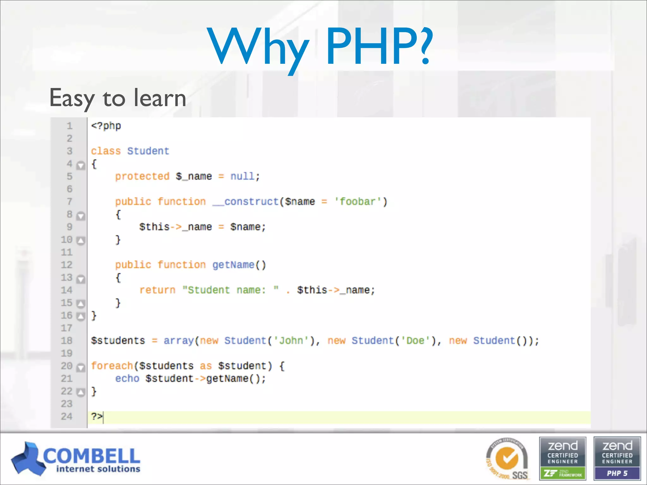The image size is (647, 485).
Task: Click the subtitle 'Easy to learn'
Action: pyautogui.click(x=118, y=98)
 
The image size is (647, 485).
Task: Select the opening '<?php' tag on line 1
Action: pyautogui.click(x=106, y=126)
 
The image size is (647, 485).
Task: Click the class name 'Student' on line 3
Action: pyautogui.click(x=148, y=151)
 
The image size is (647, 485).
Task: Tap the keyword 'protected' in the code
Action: pyautogui.click(x=142, y=176)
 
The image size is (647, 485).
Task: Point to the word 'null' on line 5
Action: pyautogui.click(x=242, y=176)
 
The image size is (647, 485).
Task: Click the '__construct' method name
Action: pyautogui.click(x=245, y=201)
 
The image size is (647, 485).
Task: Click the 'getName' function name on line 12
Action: pyautogui.click(x=233, y=265)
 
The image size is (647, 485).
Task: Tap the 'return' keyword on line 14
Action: pyautogui.click(x=157, y=290)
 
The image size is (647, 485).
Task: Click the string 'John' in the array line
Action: pyautogui.click(x=291, y=340)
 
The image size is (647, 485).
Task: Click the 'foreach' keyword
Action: pyautogui.click(x=112, y=366)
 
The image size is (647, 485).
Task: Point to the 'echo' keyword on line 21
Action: pyautogui.click(x=127, y=378)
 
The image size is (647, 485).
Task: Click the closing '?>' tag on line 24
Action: pyautogui.click(x=97, y=416)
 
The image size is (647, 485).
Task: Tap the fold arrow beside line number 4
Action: pyautogui.click(x=81, y=165)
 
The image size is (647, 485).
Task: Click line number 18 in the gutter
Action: pyautogui.click(x=67, y=340)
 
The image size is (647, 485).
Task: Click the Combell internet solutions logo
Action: pyautogui.click(x=76, y=459)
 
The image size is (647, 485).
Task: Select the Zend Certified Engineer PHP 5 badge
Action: pyautogui.click(x=617, y=459)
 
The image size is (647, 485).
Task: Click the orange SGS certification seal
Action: pyautogui.click(x=507, y=459)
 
